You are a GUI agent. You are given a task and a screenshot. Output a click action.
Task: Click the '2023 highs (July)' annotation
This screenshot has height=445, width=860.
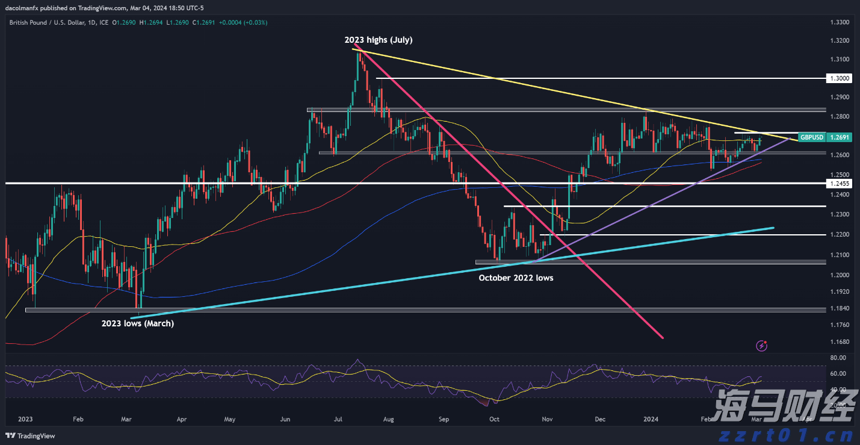coord(378,40)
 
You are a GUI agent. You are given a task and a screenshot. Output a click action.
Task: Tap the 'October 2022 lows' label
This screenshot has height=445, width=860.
coord(516,278)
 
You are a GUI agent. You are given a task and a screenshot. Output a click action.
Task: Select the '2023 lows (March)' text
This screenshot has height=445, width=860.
coord(137,323)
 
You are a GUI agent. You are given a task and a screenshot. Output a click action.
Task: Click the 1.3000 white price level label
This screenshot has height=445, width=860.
coord(839,78)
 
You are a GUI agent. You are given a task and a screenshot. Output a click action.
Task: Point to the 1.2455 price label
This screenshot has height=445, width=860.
coord(839,183)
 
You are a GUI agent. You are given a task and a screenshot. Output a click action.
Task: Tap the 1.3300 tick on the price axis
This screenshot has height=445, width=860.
coord(839,22)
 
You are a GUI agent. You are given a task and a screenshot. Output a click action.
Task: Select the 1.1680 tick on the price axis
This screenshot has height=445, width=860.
coord(839,342)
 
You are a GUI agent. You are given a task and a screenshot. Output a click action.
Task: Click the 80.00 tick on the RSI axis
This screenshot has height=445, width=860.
coord(838,358)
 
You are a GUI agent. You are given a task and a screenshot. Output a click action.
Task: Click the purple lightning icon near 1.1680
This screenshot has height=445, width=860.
coord(763,346)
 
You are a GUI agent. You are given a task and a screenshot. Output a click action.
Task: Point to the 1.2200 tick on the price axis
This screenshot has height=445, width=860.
coord(839,234)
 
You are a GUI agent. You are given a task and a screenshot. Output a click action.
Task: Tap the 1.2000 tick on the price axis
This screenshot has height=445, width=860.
coord(839,275)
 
